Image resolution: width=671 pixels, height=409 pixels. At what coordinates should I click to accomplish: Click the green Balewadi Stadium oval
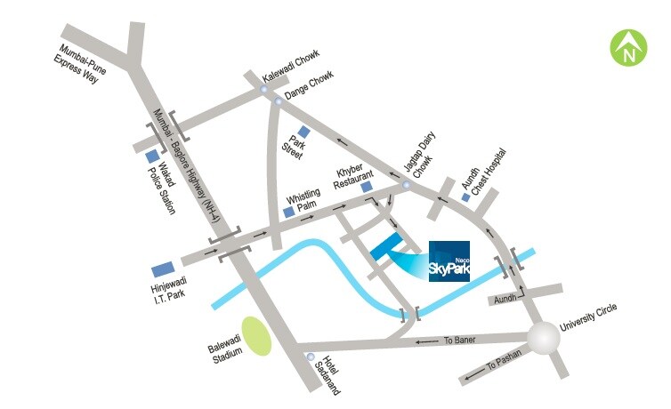[x=257, y=336]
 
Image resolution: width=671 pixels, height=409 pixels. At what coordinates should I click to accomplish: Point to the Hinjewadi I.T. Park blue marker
[x=163, y=269]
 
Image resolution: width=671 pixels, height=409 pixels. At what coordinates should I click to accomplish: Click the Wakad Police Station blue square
[x=152, y=157]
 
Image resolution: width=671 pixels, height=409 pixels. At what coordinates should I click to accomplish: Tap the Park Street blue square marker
[x=303, y=132]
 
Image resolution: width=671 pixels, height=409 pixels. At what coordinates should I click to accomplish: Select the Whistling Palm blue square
[x=287, y=213]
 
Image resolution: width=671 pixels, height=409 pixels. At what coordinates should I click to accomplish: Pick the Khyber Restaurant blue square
[x=366, y=188]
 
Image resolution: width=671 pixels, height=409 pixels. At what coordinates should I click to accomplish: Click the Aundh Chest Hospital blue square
[x=465, y=196]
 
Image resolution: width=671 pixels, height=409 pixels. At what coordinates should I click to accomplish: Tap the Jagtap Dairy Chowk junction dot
[x=407, y=185]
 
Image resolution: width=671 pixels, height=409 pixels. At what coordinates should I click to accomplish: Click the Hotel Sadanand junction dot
[x=310, y=357]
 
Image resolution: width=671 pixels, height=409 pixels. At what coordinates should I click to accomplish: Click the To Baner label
[x=460, y=340]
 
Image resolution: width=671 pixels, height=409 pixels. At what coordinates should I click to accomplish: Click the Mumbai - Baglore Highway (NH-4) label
[x=192, y=161]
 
